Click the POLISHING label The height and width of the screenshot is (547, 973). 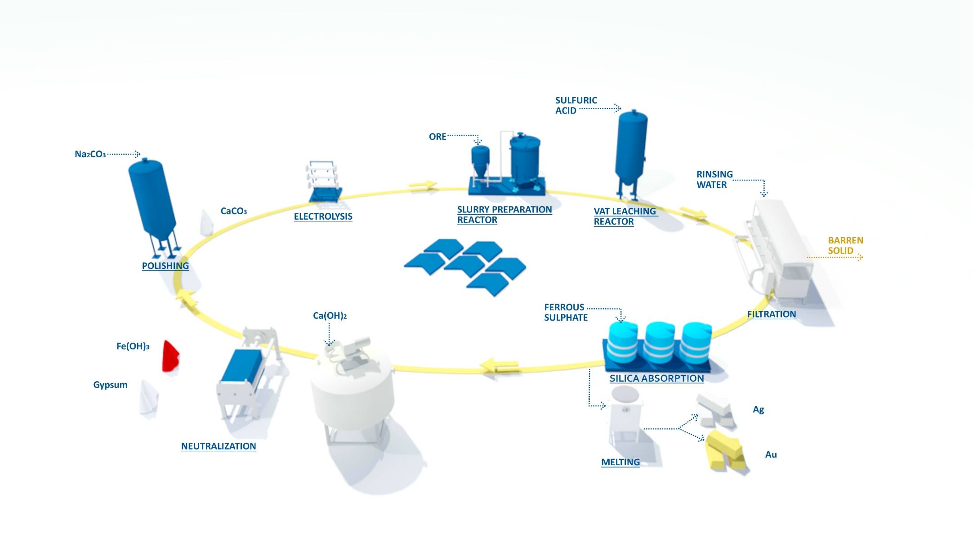(165, 266)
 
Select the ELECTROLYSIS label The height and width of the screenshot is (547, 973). (323, 216)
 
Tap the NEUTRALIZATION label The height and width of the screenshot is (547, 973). (219, 446)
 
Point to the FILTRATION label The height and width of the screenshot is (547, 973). (772, 314)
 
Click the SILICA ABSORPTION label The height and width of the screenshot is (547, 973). (656, 379)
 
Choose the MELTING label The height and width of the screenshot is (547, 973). (620, 462)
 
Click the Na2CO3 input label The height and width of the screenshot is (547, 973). (90, 154)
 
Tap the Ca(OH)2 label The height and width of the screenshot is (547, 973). (330, 316)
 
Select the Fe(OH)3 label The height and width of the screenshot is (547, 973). (133, 346)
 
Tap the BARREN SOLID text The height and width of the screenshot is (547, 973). (845, 246)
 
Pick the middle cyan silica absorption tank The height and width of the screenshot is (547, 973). (659, 342)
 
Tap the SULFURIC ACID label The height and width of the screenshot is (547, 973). (576, 106)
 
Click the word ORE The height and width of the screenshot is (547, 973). (437, 137)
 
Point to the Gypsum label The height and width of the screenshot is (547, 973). (110, 385)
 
